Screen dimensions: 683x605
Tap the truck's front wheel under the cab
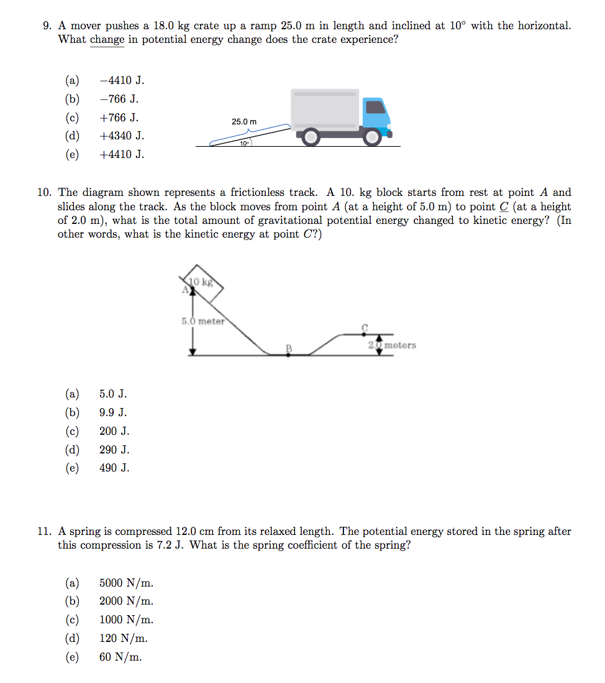372,136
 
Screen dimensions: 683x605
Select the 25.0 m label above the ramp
243,121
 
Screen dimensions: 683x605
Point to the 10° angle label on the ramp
245,144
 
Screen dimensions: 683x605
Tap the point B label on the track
288,348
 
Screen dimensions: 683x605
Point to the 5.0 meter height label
202,322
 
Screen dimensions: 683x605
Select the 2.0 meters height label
392,345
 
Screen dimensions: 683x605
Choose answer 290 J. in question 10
114,450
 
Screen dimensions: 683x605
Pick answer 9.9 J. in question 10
113,412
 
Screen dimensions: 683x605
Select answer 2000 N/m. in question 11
126,601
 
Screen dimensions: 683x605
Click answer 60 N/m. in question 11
121,657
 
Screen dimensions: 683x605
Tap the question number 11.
44,532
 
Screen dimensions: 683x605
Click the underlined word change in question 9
107,40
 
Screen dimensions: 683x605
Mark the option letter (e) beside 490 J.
72,468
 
